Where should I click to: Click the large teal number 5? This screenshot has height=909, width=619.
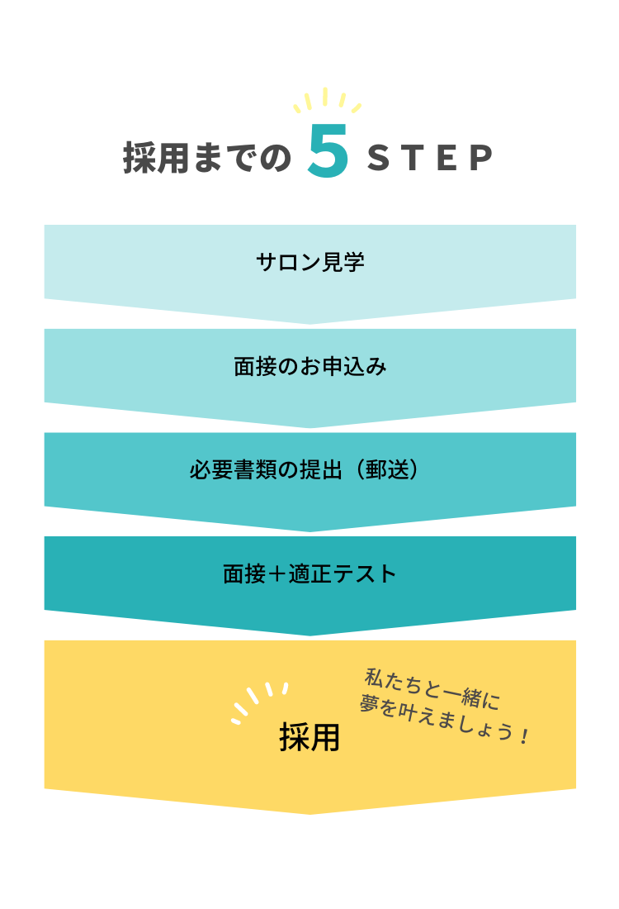(x=328, y=150)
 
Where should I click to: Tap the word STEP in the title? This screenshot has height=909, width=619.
(x=430, y=158)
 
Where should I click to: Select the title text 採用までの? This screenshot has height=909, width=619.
(x=206, y=158)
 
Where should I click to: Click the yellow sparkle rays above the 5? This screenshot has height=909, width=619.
(x=327, y=100)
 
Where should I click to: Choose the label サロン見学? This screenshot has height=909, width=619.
(x=310, y=262)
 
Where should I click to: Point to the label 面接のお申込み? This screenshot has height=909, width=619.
(x=310, y=366)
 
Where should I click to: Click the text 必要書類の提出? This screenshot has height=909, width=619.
(x=266, y=470)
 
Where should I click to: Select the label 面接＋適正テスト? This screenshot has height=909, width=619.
(x=309, y=574)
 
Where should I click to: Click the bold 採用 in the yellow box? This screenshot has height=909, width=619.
(x=309, y=737)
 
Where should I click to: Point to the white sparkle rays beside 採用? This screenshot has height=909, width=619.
(x=260, y=702)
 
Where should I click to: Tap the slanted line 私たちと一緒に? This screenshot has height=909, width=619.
(x=432, y=688)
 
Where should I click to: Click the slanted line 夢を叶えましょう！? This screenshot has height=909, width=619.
(x=443, y=720)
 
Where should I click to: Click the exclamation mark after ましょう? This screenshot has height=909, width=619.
(x=524, y=736)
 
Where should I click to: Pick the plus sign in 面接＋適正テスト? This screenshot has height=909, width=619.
(x=276, y=574)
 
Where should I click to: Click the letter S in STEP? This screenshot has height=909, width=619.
(x=379, y=158)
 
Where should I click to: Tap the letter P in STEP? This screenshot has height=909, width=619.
(x=481, y=158)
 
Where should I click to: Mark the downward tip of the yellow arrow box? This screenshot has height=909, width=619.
(x=309, y=814)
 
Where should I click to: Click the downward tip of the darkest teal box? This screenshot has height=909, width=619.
(x=309, y=635)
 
